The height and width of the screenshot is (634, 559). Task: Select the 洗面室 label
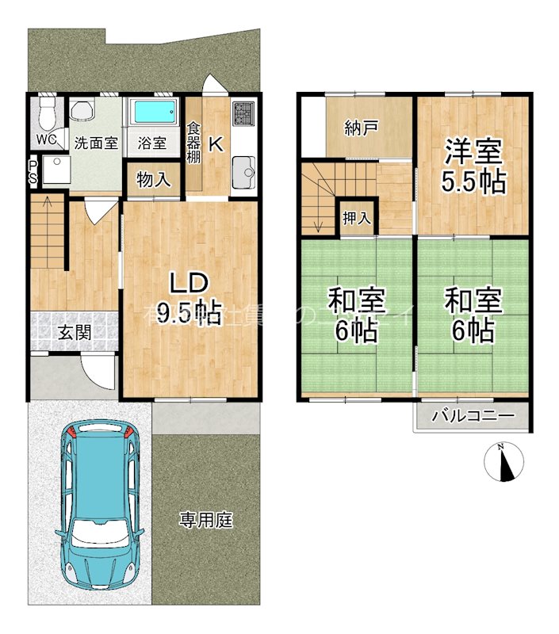click(x=96, y=144)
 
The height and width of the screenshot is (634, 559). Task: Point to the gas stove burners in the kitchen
click(x=243, y=116)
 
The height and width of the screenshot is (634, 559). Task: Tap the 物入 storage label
click(x=153, y=180)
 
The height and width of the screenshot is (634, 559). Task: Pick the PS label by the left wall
click(x=33, y=172)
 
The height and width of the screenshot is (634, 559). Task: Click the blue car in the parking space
click(x=101, y=502)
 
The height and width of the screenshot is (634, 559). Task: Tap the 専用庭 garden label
click(x=205, y=521)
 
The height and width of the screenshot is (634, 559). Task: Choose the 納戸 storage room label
click(x=361, y=128)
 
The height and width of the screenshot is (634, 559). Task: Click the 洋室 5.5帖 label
click(x=473, y=166)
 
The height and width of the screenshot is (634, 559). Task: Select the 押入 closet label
click(x=355, y=217)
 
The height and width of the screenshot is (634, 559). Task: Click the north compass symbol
click(x=502, y=463)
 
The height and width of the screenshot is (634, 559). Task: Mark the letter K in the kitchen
click(x=214, y=144)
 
